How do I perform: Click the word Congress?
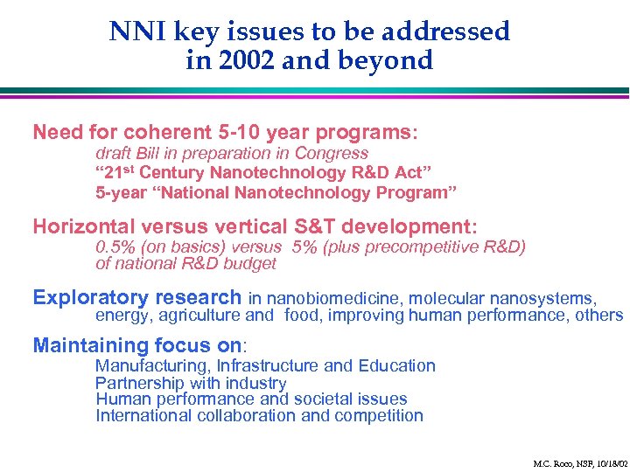(x=330, y=153)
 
